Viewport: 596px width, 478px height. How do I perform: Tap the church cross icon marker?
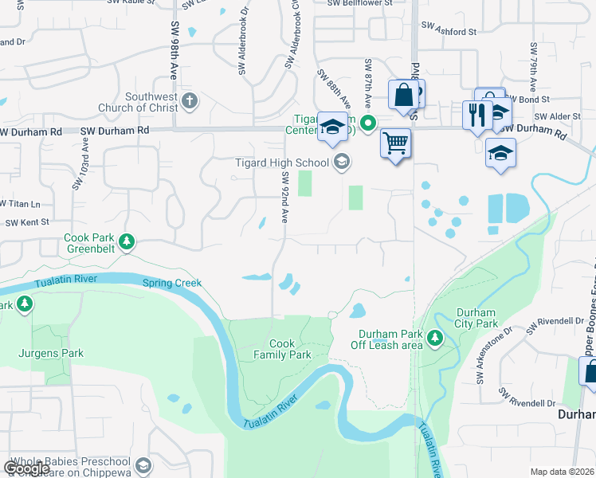189,101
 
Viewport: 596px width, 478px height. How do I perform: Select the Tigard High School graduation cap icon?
341,163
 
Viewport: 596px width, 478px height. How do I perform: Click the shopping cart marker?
396,144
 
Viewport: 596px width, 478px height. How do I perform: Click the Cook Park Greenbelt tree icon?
126,241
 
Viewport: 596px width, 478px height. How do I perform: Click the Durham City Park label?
476,318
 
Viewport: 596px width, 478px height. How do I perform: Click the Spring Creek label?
172,283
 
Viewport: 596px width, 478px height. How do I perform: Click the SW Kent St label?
27,222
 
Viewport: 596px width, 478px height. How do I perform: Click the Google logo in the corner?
26,468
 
